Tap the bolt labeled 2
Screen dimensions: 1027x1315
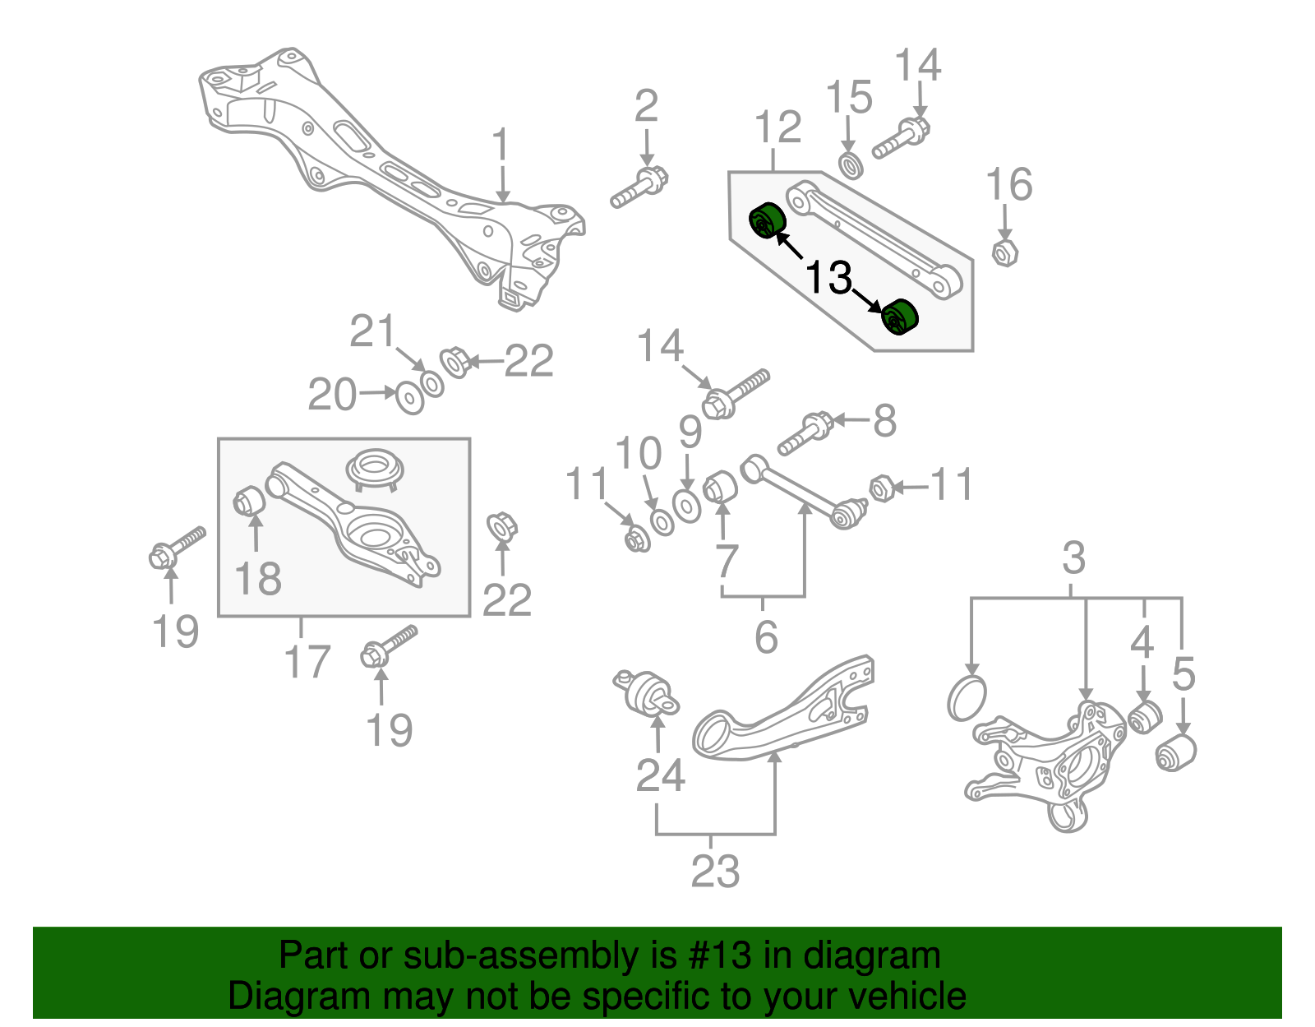click(639, 187)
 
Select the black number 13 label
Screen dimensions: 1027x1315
click(828, 277)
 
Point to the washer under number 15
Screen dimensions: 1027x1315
click(851, 164)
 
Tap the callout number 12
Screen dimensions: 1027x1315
click(777, 127)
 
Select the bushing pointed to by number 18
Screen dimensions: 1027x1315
click(247, 500)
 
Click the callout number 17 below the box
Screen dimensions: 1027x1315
click(307, 661)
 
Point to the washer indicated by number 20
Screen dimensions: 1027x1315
click(410, 398)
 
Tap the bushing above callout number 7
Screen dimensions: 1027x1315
click(721, 486)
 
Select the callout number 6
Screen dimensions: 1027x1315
click(765, 636)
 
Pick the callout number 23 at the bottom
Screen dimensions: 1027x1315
click(714, 871)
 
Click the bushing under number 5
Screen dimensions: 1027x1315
click(1175, 752)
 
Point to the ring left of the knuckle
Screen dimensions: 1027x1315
click(966, 698)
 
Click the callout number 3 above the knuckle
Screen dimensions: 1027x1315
click(1073, 558)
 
